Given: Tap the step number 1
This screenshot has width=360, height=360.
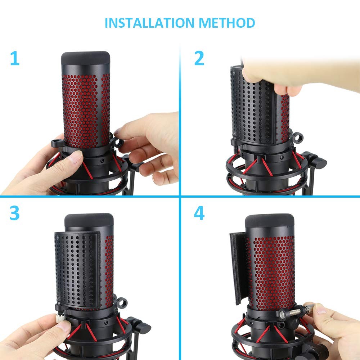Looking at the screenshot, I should tap(14, 59).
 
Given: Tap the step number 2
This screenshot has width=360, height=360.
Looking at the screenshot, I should tap(199, 59).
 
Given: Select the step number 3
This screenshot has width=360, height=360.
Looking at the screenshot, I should tap(14, 213).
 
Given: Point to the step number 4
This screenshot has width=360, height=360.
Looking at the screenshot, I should tap(199, 213).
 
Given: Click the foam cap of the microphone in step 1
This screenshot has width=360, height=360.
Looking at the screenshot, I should tap(86, 58).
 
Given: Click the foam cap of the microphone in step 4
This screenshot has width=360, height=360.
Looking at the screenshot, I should tap(270, 220).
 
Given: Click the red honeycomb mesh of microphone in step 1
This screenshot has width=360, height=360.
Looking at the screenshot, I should tap(86, 108).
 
